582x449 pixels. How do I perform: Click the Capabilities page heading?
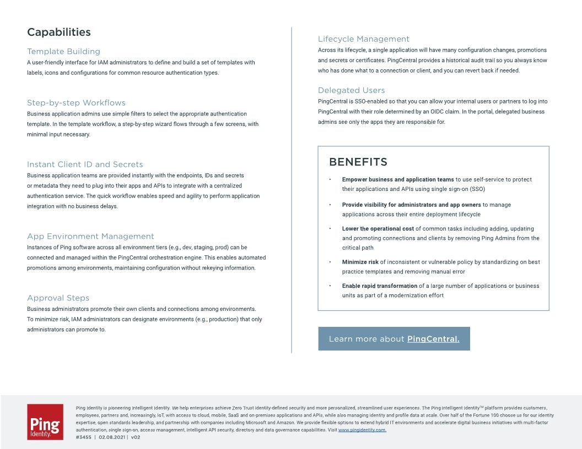[59, 32]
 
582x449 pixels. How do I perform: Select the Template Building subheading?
[63, 52]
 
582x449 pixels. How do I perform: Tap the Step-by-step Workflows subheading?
[76, 103]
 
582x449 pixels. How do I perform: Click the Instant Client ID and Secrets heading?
[85, 165]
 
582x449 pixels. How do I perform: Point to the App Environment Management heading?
[90, 237]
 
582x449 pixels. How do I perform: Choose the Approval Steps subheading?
[58, 298]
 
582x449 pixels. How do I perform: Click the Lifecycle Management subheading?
[363, 39]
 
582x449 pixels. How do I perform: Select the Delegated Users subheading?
[351, 90]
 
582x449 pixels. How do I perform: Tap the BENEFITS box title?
[358, 162]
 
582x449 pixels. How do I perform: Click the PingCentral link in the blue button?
[433, 339]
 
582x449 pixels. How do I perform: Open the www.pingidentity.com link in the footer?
[362, 430]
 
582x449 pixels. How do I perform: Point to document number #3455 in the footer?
[83, 437]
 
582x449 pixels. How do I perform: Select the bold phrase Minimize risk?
[360, 262]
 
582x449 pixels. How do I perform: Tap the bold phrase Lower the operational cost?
[378, 229]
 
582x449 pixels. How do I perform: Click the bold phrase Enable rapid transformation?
[379, 286]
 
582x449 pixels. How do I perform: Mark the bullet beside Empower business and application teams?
[330, 179]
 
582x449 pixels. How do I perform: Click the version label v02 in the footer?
[136, 437]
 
